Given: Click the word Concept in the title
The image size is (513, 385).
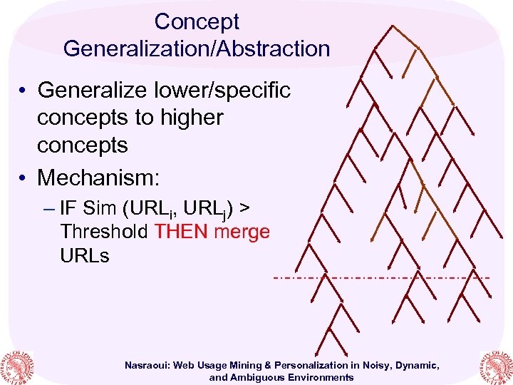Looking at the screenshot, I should click(x=197, y=22).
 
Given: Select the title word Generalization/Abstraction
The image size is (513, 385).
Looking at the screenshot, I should click(x=197, y=48).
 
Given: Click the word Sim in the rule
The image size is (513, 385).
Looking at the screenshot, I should click(x=100, y=208).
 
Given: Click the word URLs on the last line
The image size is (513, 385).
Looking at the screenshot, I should click(x=85, y=255).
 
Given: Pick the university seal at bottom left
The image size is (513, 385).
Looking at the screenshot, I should click(x=16, y=366).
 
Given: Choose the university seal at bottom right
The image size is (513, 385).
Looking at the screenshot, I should click(x=496, y=366).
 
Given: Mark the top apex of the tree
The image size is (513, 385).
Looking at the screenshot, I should click(x=392, y=26).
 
